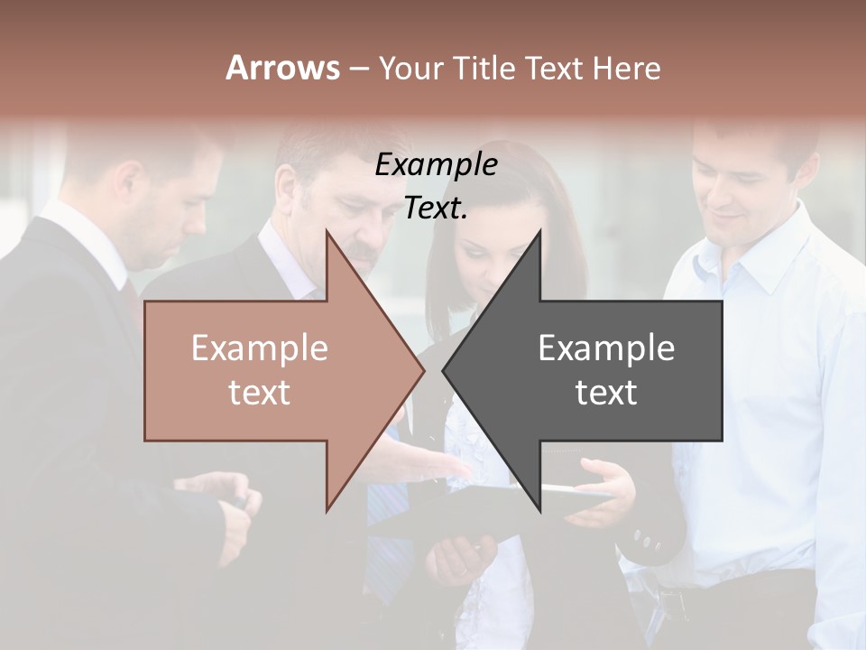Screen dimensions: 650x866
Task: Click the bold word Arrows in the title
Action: tap(282, 68)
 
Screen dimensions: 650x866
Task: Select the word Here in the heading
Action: tap(626, 68)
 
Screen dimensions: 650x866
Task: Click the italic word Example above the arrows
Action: tap(436, 165)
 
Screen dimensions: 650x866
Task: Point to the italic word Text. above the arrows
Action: tap(436, 209)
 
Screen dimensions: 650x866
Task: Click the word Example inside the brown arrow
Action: tap(259, 348)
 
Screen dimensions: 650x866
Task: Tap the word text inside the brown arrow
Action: tap(259, 393)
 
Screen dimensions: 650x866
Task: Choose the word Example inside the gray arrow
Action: tap(606, 348)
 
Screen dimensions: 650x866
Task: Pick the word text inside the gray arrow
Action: tap(606, 393)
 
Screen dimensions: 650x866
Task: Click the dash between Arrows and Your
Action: tap(358, 69)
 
